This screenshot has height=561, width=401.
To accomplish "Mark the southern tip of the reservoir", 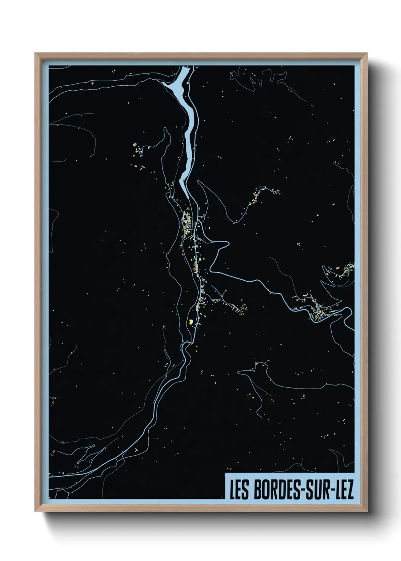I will tap(187, 197).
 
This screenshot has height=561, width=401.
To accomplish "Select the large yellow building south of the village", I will tap(191, 322).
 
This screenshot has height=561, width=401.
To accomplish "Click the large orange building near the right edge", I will tap(337, 268).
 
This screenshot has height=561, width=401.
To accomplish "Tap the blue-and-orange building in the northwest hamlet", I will tap(134, 144).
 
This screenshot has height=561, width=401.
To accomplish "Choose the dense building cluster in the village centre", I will tap(186, 226).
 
